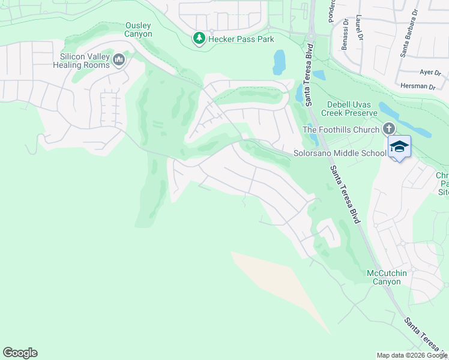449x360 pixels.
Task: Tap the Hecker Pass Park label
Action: click(x=241, y=39)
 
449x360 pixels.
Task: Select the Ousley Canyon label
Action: click(x=139, y=29)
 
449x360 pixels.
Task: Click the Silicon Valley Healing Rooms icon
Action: click(x=119, y=60)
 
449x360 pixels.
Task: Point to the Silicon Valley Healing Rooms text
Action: click(x=85, y=61)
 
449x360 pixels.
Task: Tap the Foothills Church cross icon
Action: click(x=388, y=129)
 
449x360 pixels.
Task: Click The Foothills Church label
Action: click(x=341, y=130)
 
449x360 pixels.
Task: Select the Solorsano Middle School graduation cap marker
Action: click(x=399, y=146)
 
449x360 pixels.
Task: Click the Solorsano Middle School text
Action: click(x=340, y=153)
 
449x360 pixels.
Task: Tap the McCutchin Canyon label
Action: click(x=387, y=277)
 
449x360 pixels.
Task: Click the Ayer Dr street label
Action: click(x=430, y=72)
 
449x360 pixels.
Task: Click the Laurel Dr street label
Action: click(x=360, y=27)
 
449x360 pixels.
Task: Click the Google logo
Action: click(x=20, y=353)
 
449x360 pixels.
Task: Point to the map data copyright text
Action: click(x=411, y=355)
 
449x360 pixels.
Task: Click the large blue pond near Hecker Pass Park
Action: click(x=279, y=61)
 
